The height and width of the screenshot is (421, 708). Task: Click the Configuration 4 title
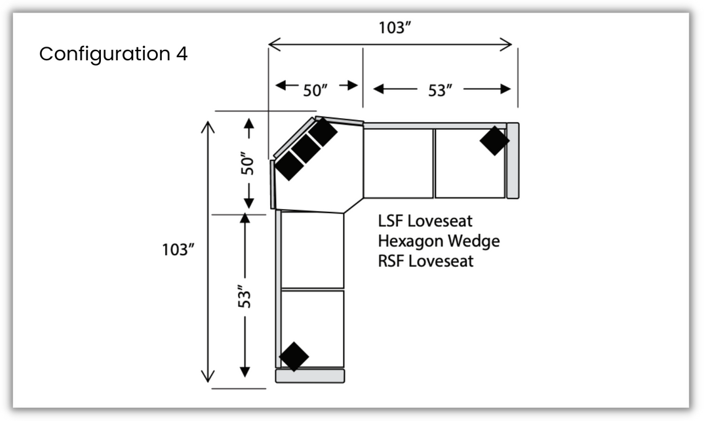[x=113, y=54]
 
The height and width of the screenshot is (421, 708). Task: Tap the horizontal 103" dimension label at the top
[x=395, y=28]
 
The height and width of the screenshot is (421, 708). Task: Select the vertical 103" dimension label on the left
[x=179, y=250]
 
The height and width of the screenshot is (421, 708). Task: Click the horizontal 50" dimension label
[x=317, y=90]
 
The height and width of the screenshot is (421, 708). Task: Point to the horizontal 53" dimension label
[x=441, y=90]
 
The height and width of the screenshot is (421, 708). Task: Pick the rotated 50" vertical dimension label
[x=246, y=164]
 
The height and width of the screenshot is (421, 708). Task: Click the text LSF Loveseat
[x=425, y=220]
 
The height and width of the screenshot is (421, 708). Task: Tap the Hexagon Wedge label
[x=439, y=241]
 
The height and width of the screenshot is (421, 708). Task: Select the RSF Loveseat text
[x=425, y=261]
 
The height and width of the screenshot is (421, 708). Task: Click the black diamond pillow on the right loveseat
[x=494, y=140]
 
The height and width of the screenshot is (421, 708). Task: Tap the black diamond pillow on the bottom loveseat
[x=294, y=356]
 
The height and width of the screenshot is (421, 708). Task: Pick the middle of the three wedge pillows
[x=305, y=149]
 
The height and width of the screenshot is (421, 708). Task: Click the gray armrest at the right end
[x=513, y=160]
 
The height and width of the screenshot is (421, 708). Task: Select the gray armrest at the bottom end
[x=309, y=376]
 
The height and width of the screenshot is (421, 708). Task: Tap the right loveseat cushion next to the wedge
[x=399, y=163]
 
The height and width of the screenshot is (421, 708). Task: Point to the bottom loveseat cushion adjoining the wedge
[x=313, y=250]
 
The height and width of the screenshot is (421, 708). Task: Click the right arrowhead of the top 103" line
[x=507, y=44]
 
